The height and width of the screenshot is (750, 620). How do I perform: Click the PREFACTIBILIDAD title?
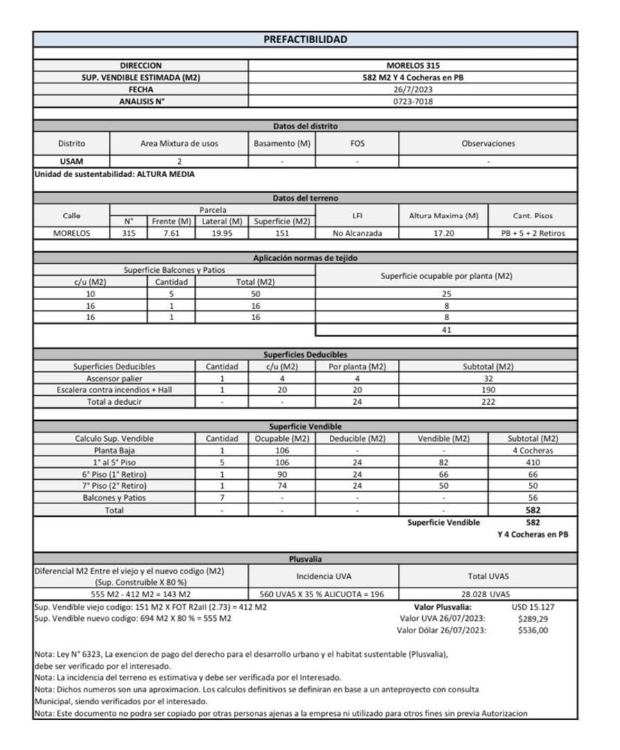305,40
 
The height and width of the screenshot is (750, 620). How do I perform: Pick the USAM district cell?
72,161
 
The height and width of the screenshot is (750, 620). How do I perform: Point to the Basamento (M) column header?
281,144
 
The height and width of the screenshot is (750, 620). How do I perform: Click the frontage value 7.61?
171,233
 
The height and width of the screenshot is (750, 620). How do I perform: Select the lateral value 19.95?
221,233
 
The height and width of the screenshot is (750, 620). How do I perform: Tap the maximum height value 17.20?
444,233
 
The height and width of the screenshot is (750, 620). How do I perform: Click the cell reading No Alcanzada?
357,233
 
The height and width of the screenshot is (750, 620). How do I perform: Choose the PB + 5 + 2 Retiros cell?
533,233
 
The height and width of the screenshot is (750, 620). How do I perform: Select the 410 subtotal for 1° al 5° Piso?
533,462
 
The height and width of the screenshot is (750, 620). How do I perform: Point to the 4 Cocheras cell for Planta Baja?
533,450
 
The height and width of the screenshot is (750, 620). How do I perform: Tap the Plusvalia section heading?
305,558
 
